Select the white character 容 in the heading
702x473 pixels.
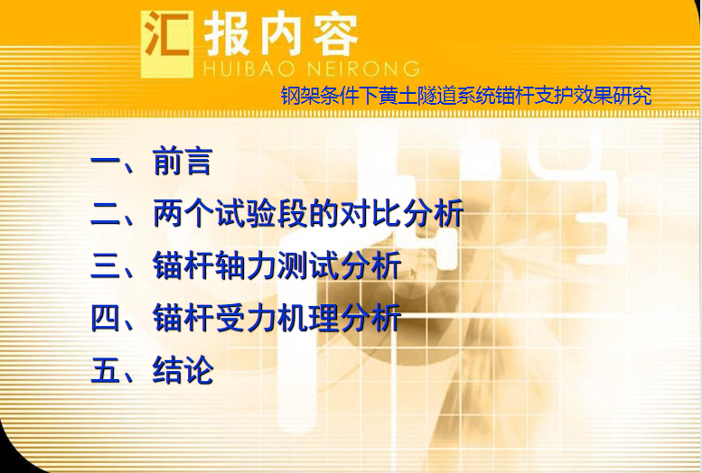(335, 34)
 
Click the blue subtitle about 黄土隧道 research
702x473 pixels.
(466, 96)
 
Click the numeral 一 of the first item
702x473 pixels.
(106, 162)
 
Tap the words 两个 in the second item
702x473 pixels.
(183, 213)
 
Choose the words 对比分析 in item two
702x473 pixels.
(401, 213)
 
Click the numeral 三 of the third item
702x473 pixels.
(106, 265)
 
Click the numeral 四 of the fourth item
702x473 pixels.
(106, 318)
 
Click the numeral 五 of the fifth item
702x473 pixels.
(106, 369)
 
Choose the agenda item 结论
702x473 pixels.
(183, 369)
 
